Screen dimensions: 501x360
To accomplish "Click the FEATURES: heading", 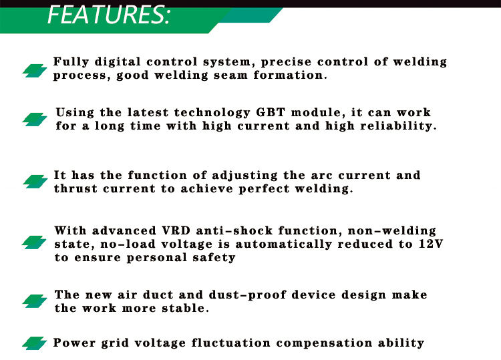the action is point(109,15).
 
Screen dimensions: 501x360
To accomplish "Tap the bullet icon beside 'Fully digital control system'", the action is point(35,71).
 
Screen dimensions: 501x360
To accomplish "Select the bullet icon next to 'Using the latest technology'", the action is point(35,120).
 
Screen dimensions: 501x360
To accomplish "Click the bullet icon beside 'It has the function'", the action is point(35,182).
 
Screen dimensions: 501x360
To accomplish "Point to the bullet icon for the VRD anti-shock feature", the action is point(34,242).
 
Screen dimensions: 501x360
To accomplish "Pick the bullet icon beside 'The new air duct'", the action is point(35,301).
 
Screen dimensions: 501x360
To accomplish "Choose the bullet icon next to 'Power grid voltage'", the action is point(35,343).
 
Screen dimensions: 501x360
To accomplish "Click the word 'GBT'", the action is point(271,112).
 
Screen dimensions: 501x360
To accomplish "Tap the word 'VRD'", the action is point(176,230).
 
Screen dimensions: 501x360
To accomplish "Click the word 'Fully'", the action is point(71,62).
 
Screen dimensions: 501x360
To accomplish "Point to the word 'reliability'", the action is point(396,126).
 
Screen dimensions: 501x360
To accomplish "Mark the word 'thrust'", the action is point(75,188).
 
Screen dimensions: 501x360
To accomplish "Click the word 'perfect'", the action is point(265,189).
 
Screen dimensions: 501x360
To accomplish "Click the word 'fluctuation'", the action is point(231,343).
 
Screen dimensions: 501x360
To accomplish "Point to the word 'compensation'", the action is point(324,343).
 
